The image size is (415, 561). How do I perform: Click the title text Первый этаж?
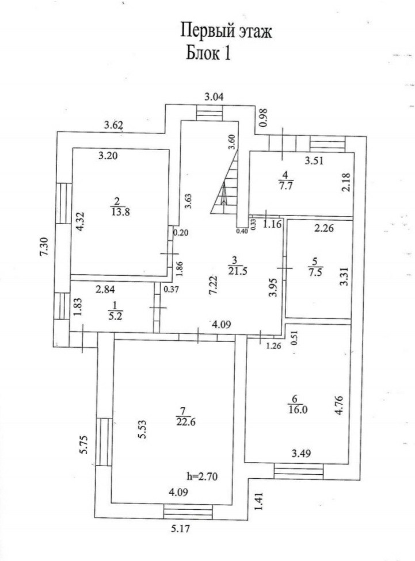[226, 30]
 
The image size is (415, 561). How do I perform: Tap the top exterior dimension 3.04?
[214, 96]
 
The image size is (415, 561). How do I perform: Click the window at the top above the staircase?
[208, 113]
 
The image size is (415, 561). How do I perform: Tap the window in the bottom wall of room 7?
[187, 510]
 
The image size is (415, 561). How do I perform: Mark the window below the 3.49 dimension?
[298, 471]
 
